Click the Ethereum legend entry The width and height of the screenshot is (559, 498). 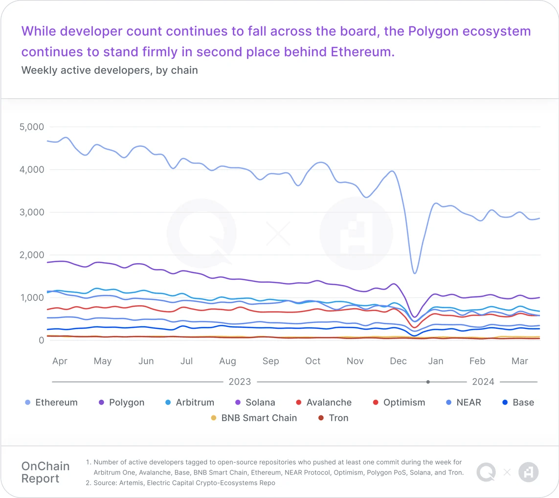pos(51,403)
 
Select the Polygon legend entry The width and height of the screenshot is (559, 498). pos(121,403)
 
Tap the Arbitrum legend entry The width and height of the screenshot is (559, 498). pos(189,403)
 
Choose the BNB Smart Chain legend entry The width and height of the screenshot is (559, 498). pos(253,418)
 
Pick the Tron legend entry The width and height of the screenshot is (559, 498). pos(333,418)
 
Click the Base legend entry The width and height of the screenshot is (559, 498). pos(518,403)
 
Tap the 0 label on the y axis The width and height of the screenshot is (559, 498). pos(41,340)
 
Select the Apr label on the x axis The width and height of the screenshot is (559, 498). pos(60,361)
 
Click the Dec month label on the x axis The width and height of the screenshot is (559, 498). pos(398,361)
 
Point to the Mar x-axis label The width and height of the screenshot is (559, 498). pos(519,361)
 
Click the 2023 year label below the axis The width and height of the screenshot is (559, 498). pos(240,382)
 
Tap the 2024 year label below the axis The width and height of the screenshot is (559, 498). pos(483,382)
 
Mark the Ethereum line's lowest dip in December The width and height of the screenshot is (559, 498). pos(415,273)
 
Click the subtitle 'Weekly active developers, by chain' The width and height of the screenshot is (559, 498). pos(110,70)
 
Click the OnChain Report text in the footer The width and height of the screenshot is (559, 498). pos(45,472)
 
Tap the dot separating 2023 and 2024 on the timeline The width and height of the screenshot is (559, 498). pos(428,382)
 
